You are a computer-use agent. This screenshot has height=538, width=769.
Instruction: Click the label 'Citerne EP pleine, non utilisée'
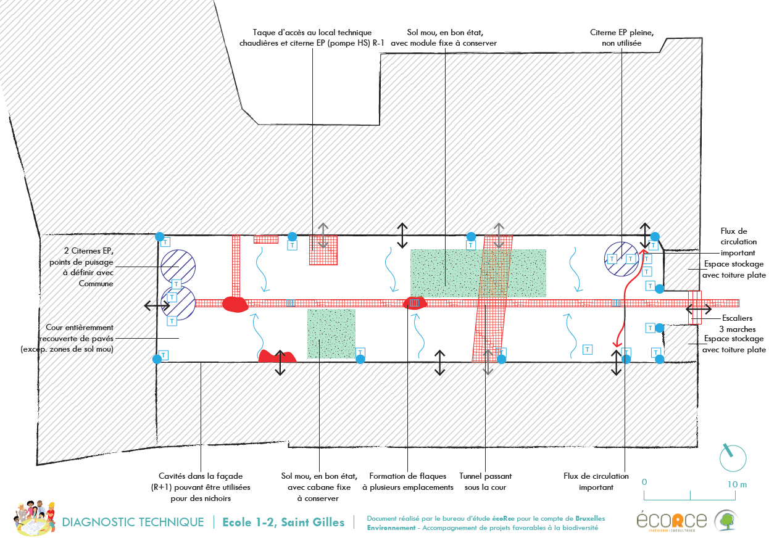pyautogui.click(x=622, y=38)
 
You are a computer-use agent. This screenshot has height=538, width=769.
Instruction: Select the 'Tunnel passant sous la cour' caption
pyautogui.click(x=485, y=481)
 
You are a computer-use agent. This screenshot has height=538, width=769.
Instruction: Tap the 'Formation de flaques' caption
pyautogui.click(x=407, y=481)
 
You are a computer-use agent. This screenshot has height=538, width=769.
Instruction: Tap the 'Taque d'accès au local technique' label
pyautogui.click(x=313, y=38)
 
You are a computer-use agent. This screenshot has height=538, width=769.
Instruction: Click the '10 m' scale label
pyautogui.click(x=737, y=484)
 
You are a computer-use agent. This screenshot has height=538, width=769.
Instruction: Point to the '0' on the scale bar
pyautogui.click(x=644, y=481)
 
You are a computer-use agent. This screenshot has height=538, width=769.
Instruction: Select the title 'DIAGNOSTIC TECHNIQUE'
pyautogui.click(x=133, y=523)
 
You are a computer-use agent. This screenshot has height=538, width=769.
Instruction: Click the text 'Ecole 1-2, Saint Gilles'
pyautogui.click(x=283, y=523)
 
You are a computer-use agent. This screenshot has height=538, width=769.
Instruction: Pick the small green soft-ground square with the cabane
pyautogui.click(x=331, y=334)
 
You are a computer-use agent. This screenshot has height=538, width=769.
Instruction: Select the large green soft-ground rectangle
pyautogui.click(x=478, y=273)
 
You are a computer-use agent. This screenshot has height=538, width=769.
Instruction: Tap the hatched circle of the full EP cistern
pyautogui.click(x=621, y=257)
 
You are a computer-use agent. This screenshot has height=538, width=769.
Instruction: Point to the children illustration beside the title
pyautogui.click(x=31, y=518)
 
